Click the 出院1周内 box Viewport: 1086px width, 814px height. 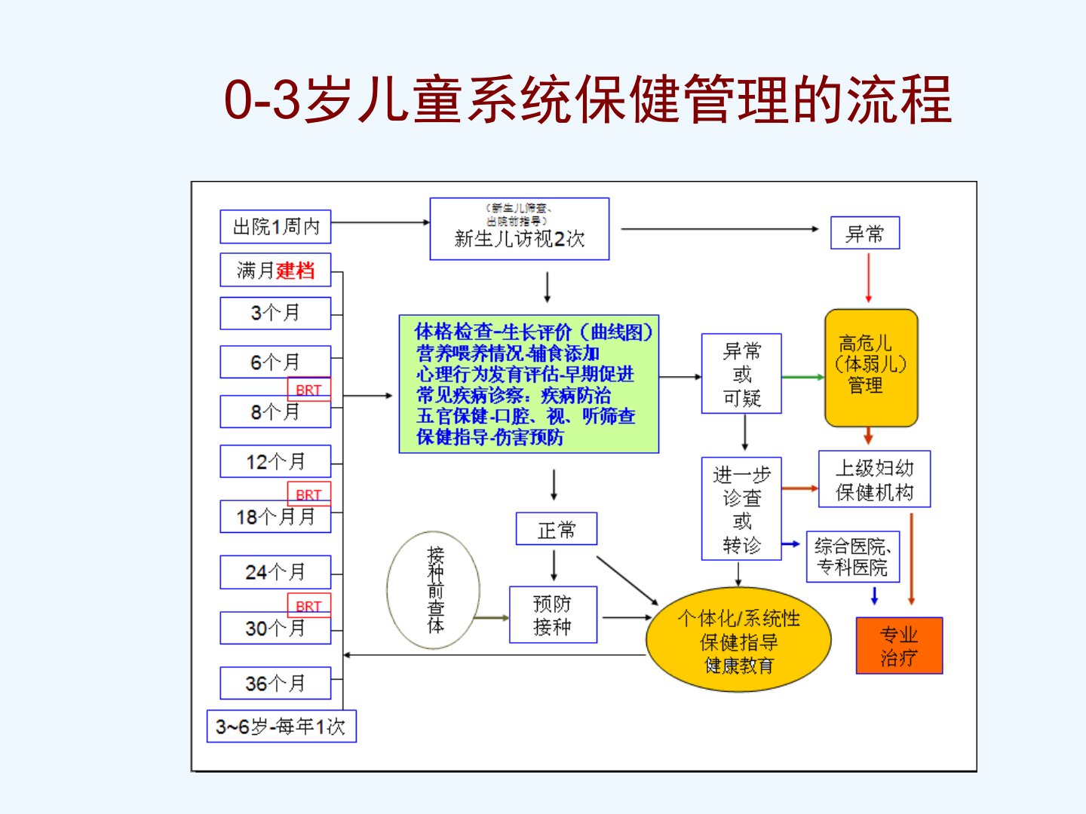pos(275,226)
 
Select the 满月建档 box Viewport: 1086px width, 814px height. pos(275,270)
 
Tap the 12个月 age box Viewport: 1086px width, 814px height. pos(275,461)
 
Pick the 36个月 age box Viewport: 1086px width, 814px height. pos(275,683)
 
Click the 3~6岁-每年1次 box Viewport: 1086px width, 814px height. pos(281,726)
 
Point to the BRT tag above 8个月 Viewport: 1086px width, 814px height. pos(308,390)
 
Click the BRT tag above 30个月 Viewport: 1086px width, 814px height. pos(308,605)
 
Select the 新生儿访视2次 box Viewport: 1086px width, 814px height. pos(519,229)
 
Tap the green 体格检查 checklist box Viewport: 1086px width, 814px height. pos(528,384)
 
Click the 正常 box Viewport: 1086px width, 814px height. pos(556,529)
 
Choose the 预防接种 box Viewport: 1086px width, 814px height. pos(553,614)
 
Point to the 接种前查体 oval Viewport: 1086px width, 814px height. pos(434,590)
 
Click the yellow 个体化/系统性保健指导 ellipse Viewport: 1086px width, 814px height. pos(738,640)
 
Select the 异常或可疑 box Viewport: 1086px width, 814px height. pos(741,374)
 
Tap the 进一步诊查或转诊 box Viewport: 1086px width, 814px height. pos(741,509)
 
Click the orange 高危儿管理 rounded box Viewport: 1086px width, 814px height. pos(870,367)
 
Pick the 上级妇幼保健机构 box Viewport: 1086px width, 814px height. pos(874,479)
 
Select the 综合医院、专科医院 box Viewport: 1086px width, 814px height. pos(853,557)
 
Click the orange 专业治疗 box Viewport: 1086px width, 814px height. pos(899,645)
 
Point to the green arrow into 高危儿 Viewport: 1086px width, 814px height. pos(802,377)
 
